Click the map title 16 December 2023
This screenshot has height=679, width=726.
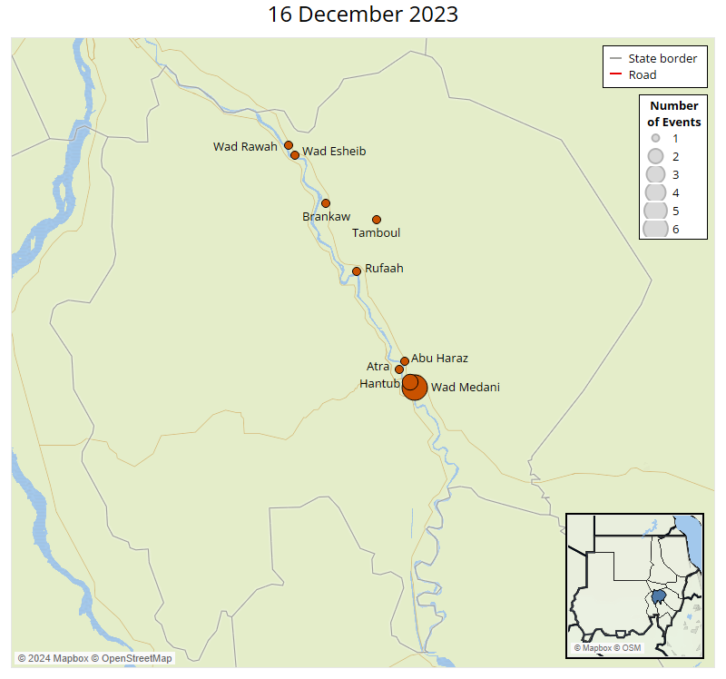(x=363, y=15)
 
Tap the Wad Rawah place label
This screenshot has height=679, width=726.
(x=245, y=146)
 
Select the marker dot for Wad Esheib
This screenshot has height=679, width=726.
(x=295, y=155)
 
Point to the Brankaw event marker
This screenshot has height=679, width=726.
(x=326, y=203)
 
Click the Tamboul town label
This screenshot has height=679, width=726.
(x=376, y=233)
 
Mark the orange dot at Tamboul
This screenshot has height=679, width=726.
(x=377, y=220)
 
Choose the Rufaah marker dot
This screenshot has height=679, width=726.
(x=357, y=271)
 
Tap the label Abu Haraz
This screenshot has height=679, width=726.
(x=439, y=359)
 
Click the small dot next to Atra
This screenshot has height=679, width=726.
(x=399, y=369)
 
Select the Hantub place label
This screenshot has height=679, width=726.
(x=378, y=384)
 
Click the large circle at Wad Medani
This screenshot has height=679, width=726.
(x=416, y=389)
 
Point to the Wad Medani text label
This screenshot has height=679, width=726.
(x=465, y=388)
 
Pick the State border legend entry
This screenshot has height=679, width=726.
(x=662, y=58)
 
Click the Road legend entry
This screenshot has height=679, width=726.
(x=643, y=74)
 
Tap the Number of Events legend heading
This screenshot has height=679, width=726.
(x=673, y=113)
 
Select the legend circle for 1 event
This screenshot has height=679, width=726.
(x=655, y=138)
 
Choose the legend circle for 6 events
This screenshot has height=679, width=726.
(x=655, y=229)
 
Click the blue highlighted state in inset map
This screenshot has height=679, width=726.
(x=659, y=598)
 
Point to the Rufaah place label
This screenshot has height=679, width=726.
(x=384, y=269)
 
